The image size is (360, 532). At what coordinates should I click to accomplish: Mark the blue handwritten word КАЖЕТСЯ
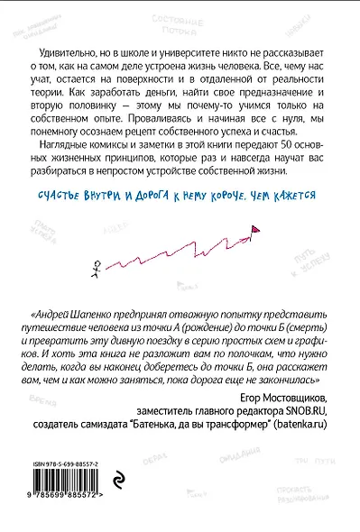[298, 194]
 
